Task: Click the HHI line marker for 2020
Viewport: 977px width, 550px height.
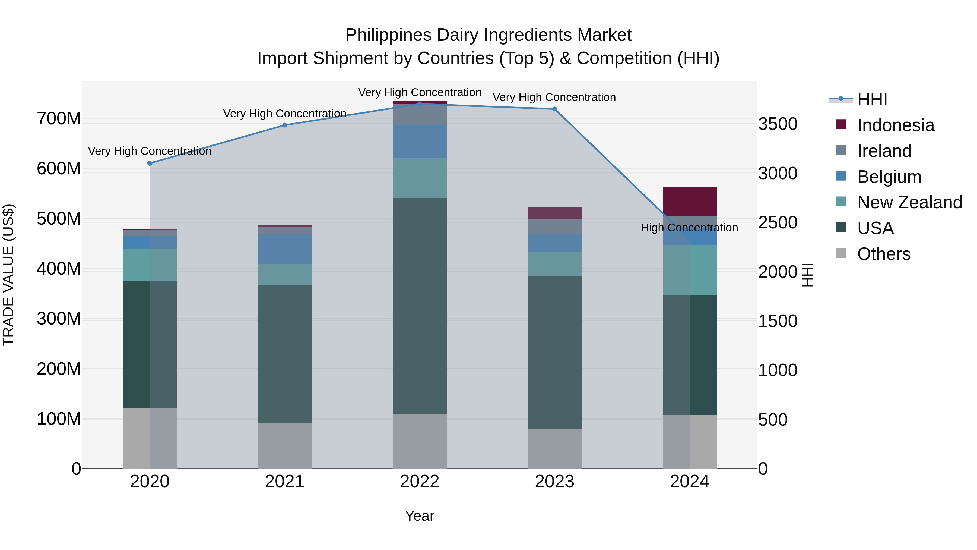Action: [150, 163]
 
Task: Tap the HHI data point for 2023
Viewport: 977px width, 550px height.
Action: [554, 109]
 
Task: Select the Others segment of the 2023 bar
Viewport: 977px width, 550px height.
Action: [554, 449]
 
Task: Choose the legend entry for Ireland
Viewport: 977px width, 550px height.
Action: [884, 151]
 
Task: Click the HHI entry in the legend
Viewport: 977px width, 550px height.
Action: [871, 99]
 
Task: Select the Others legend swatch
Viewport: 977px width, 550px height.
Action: [841, 253]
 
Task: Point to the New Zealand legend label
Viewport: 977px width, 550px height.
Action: [909, 202]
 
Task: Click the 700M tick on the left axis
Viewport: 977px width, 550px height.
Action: [59, 119]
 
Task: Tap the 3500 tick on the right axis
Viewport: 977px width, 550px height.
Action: [778, 124]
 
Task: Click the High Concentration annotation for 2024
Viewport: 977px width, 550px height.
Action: [689, 228]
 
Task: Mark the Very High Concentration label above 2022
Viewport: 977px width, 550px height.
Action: [420, 92]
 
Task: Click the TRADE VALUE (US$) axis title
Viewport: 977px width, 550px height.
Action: [8, 275]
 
